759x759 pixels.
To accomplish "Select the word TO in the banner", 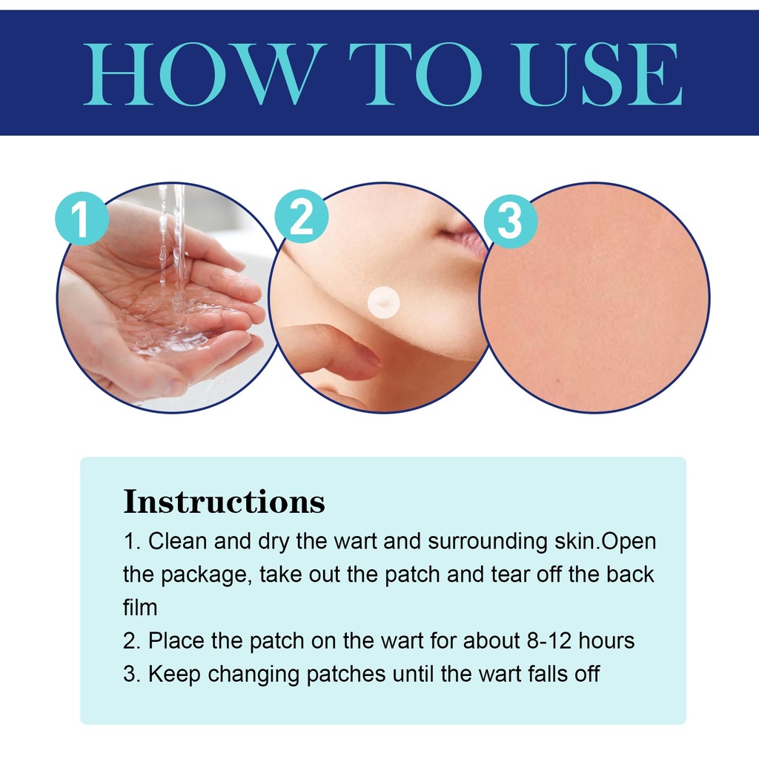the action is (415, 74).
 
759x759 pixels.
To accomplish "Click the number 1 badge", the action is (82, 219).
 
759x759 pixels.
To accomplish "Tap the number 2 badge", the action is (301, 216).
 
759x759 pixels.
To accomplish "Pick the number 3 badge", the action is (511, 221).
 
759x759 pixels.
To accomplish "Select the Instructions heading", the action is (224, 502).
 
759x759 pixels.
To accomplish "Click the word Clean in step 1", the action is (178, 540).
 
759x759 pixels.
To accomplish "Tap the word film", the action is (140, 607).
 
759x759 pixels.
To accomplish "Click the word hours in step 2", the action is (606, 640).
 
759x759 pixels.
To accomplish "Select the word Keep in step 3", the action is (174, 674).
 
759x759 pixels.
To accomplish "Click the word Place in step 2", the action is (176, 640).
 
